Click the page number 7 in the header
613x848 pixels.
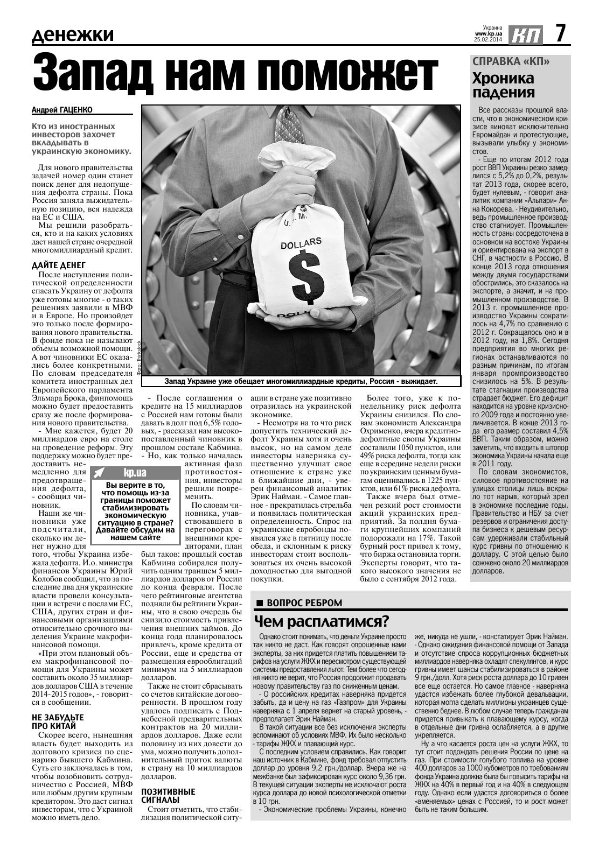pos(560,35)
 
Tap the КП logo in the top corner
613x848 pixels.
pos(525,36)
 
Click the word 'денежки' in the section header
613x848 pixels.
pos(73,36)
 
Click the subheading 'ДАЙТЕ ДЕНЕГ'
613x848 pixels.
pos(58,265)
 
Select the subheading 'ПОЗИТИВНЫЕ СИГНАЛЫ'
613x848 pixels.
pos(168,796)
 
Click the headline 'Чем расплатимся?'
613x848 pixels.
pos(322,621)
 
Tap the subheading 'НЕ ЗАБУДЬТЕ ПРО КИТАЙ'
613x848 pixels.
pos(58,721)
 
